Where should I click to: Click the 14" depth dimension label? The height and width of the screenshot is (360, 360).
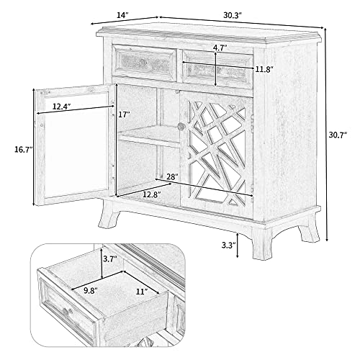pyautogui.click(x=122, y=15)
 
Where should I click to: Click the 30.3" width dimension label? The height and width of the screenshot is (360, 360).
pyautogui.click(x=233, y=15)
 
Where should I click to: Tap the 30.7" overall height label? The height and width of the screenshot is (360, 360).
pyautogui.click(x=338, y=135)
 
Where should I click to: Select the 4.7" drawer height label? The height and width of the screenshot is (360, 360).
pyautogui.click(x=220, y=48)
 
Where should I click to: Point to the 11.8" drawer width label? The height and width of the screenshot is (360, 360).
pyautogui.click(x=264, y=70)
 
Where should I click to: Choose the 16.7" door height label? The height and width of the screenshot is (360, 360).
pyautogui.click(x=23, y=150)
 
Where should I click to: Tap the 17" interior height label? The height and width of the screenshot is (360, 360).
pyautogui.click(x=125, y=114)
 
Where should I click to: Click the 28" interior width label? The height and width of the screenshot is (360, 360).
pyautogui.click(x=172, y=177)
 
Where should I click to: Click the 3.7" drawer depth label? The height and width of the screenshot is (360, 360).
pyautogui.click(x=110, y=258)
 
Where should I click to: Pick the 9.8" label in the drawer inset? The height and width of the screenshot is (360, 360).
pyautogui.click(x=91, y=291)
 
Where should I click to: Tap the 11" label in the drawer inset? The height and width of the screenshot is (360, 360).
pyautogui.click(x=142, y=292)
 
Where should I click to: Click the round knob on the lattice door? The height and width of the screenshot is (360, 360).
pyautogui.click(x=181, y=126)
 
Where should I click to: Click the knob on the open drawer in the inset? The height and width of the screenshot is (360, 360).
pyautogui.click(x=66, y=312)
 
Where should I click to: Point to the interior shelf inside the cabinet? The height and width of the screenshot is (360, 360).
pyautogui.click(x=149, y=136)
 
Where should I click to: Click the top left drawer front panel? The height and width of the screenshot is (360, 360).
pyautogui.click(x=145, y=63)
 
